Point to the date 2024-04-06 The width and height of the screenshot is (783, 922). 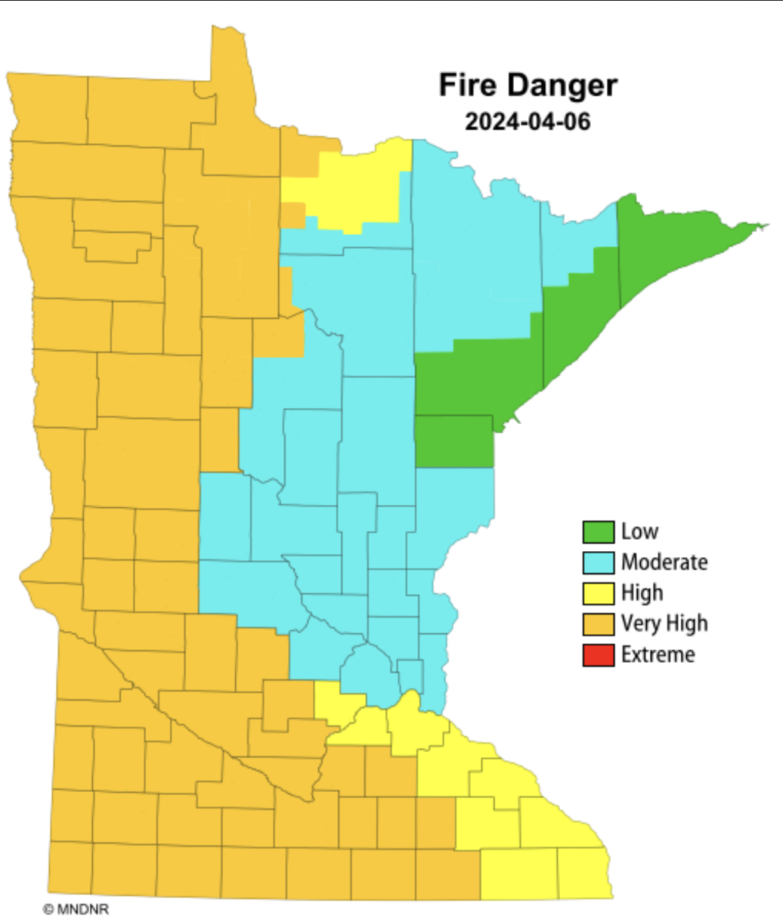pyautogui.click(x=527, y=121)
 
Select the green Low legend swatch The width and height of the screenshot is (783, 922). pyautogui.click(x=598, y=532)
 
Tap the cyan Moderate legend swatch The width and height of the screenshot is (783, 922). pyautogui.click(x=598, y=562)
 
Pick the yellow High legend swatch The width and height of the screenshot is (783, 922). pyautogui.click(x=598, y=593)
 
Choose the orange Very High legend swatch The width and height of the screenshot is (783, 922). pyautogui.click(x=598, y=624)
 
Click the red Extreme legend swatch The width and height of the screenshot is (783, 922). pyautogui.click(x=598, y=655)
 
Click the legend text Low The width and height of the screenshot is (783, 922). pyautogui.click(x=639, y=532)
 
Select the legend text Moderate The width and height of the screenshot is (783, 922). pyautogui.click(x=664, y=562)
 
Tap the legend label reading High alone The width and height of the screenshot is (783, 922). pyautogui.click(x=642, y=593)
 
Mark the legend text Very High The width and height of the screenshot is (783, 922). pyautogui.click(x=664, y=624)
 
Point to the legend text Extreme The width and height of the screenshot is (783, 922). pyautogui.click(x=658, y=655)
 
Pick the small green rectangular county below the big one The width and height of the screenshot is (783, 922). pyautogui.click(x=454, y=442)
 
